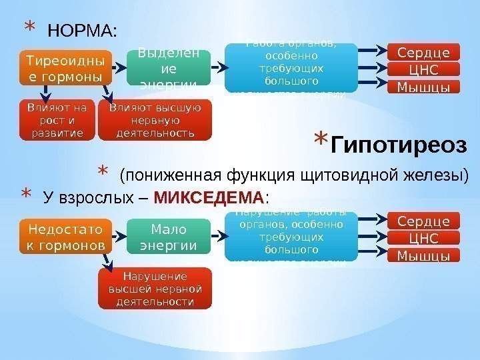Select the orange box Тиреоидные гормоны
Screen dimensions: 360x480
pos(64,69)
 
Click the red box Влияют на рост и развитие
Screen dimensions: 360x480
pos(52,119)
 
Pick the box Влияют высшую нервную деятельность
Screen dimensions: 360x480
pos(154,119)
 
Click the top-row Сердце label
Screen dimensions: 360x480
pos(423,52)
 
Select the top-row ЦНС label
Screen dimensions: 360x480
pos(423,69)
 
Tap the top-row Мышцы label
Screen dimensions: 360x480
pos(423,87)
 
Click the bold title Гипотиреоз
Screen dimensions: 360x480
pos(399,144)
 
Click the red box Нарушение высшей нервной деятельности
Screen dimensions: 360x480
pos(154,289)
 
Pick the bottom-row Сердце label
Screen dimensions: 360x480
pos(423,221)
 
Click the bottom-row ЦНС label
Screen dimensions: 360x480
pos(423,239)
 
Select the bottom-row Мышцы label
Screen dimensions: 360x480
pos(423,255)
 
